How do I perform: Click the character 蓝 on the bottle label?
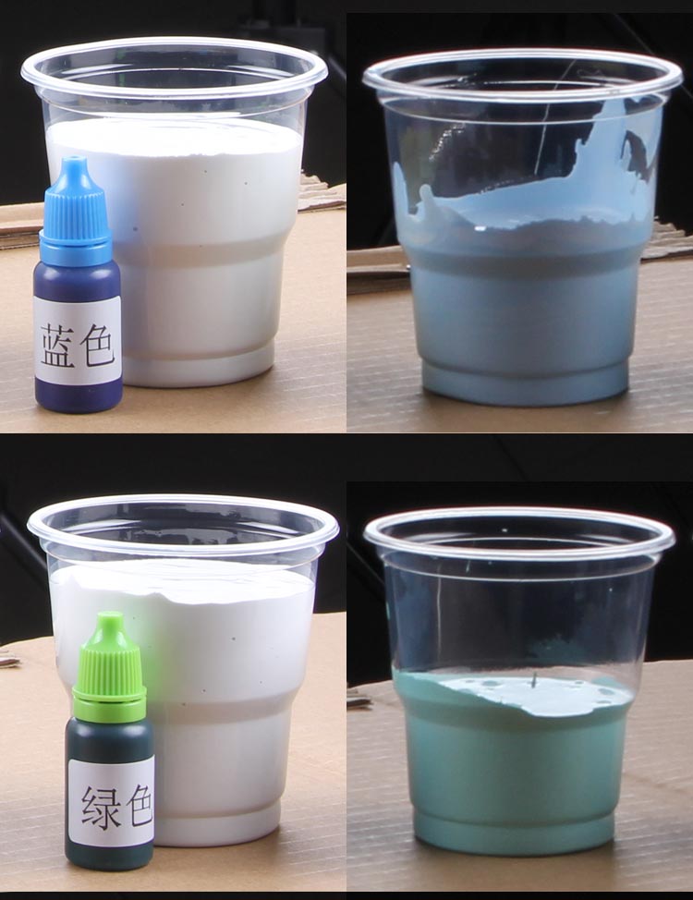click(x=56, y=343)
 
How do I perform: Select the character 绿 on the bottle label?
click(x=92, y=800)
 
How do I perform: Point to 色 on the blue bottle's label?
click(x=98, y=343)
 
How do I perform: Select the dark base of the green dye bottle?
click(x=109, y=855)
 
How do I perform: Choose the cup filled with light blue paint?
click(x=523, y=305)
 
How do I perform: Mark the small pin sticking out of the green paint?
click(x=533, y=682)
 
